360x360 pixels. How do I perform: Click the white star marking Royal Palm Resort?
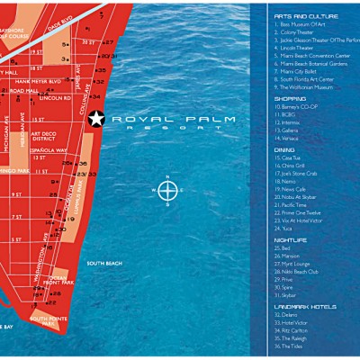click(x=97, y=117)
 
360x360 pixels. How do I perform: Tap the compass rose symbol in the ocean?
click(x=167, y=190)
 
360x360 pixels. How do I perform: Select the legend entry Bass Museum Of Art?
click(x=301, y=24)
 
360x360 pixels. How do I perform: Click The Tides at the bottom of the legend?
click(x=291, y=345)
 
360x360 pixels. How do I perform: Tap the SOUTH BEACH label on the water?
click(x=103, y=263)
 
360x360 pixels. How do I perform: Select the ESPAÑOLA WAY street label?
click(x=49, y=151)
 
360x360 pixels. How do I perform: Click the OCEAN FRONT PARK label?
click(x=58, y=282)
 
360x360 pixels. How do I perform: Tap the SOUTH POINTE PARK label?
click(x=50, y=319)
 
